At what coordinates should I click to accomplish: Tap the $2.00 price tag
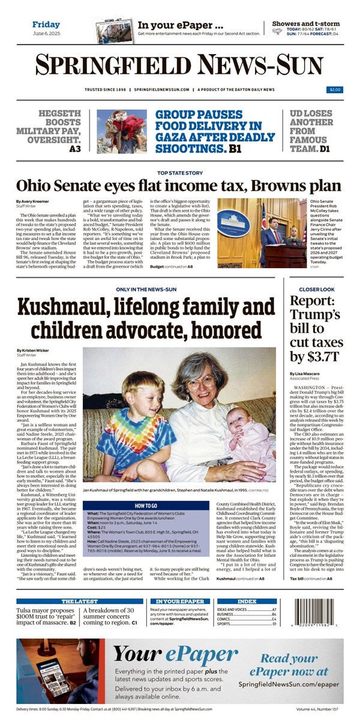pyautogui.click(x=335, y=90)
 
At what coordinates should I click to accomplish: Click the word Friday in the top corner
pyautogui.click(x=46, y=25)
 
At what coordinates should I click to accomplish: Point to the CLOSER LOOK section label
pyautogui.click(x=317, y=289)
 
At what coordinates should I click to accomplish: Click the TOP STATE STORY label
pyautogui.click(x=179, y=173)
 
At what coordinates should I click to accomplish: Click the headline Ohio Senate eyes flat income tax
pyautogui.click(x=179, y=187)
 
